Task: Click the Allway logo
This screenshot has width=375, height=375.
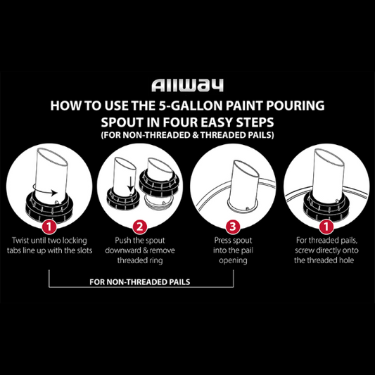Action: (187, 86)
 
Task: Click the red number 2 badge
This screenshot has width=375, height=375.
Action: (140, 227)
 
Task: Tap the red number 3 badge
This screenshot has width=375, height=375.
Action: (234, 227)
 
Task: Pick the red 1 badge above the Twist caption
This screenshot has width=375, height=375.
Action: (49, 227)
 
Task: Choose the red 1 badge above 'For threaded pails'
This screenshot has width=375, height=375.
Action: (326, 227)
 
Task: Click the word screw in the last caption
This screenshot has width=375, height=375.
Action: (298, 250)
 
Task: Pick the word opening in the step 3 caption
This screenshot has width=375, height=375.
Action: (234, 260)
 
